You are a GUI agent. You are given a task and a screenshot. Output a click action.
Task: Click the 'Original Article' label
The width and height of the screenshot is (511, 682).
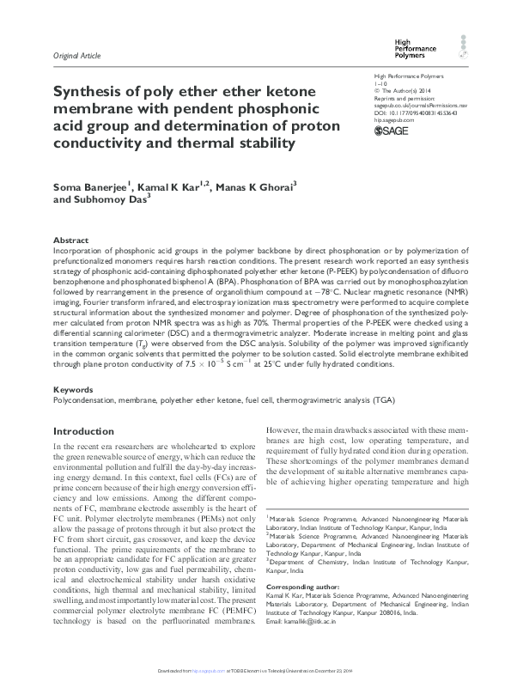77,56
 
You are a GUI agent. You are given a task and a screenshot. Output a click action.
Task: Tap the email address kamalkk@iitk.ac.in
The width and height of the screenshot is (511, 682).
316,644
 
